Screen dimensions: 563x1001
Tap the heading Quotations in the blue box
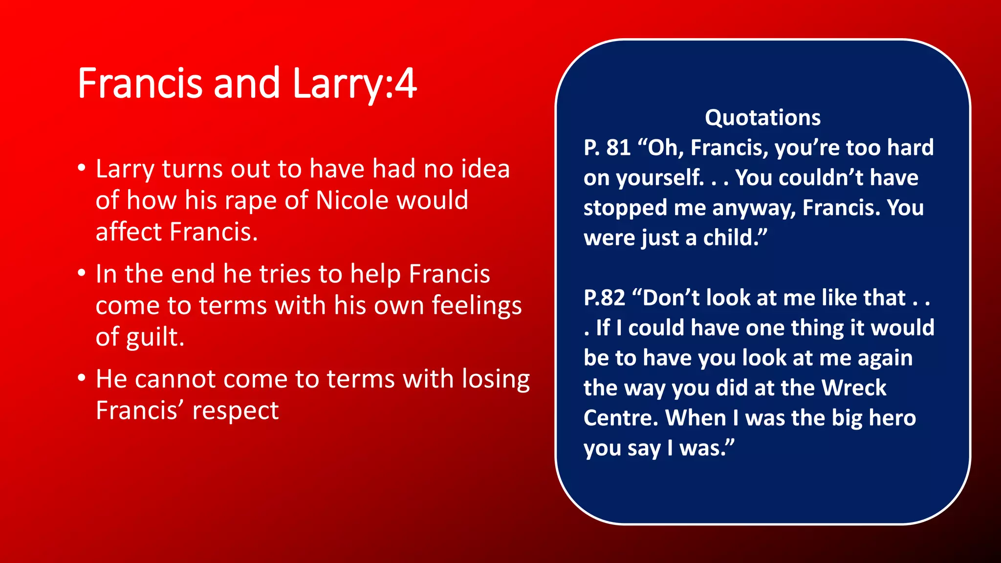click(x=762, y=118)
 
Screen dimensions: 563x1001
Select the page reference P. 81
click(x=607, y=148)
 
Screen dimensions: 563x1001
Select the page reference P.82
click(x=604, y=298)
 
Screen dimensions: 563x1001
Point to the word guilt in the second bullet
click(x=154, y=337)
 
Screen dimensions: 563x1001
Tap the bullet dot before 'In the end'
click(x=82, y=274)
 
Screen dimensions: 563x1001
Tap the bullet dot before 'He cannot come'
click(x=82, y=379)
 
